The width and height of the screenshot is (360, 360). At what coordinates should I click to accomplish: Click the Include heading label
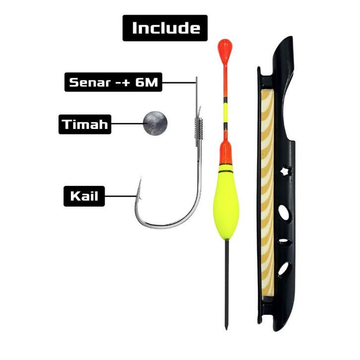165,28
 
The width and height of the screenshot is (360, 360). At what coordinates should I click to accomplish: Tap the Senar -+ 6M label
113,82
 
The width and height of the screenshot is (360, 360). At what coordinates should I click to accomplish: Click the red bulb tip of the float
225,49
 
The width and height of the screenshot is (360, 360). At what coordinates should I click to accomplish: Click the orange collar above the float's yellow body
226,153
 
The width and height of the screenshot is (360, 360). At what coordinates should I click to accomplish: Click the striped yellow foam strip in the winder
267,198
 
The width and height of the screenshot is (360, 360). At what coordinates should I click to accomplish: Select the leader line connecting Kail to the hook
120,196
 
